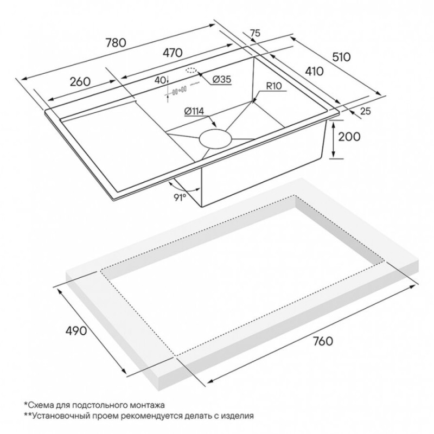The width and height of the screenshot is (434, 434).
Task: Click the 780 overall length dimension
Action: tap(116, 42)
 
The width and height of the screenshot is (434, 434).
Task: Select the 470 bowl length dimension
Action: tap(172, 53)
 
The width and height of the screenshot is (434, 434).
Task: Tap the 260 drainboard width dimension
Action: tap(80, 82)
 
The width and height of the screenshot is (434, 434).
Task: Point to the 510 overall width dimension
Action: tap(341, 57)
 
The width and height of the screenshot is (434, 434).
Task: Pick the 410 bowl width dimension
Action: tap(314, 72)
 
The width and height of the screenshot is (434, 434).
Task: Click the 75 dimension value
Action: tap(255, 33)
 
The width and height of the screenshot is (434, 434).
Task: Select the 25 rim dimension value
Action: tap(365, 111)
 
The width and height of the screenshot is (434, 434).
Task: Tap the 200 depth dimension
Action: tap(349, 137)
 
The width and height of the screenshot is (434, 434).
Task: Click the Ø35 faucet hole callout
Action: tap(222, 80)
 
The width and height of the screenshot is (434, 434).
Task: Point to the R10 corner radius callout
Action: tap(274, 86)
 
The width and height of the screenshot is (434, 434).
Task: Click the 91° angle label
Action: tap(180, 197)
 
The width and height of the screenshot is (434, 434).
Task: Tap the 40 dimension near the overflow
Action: tap(160, 80)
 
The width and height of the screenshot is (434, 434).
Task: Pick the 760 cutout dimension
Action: tap(322, 341)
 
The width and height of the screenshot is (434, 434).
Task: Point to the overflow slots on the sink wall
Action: tap(180, 91)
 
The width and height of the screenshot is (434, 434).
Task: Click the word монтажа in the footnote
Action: tap(147, 405)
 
